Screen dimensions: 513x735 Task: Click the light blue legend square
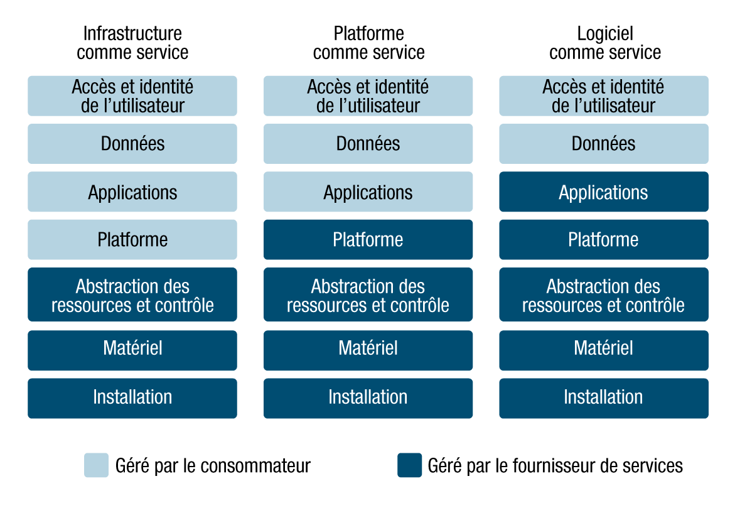(x=96, y=465)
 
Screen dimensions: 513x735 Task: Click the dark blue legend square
(x=409, y=465)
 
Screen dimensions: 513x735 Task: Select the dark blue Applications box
(x=603, y=192)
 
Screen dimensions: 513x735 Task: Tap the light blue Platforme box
(x=132, y=240)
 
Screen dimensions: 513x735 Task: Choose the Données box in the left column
(x=132, y=144)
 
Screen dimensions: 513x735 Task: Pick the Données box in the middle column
(x=368, y=144)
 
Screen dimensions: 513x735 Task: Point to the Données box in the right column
(x=603, y=144)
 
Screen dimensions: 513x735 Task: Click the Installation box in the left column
(x=132, y=398)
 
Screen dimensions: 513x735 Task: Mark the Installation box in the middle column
(x=368, y=398)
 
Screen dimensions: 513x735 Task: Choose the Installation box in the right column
(x=603, y=398)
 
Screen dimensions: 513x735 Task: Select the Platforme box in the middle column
(x=368, y=240)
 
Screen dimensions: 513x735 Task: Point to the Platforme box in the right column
(x=603, y=240)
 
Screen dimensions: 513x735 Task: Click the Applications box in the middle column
(x=368, y=192)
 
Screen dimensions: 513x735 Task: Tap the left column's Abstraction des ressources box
(x=132, y=295)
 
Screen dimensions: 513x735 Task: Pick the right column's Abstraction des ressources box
(x=603, y=295)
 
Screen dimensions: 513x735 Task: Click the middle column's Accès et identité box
(x=368, y=96)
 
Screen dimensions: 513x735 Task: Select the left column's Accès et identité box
(x=132, y=96)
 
